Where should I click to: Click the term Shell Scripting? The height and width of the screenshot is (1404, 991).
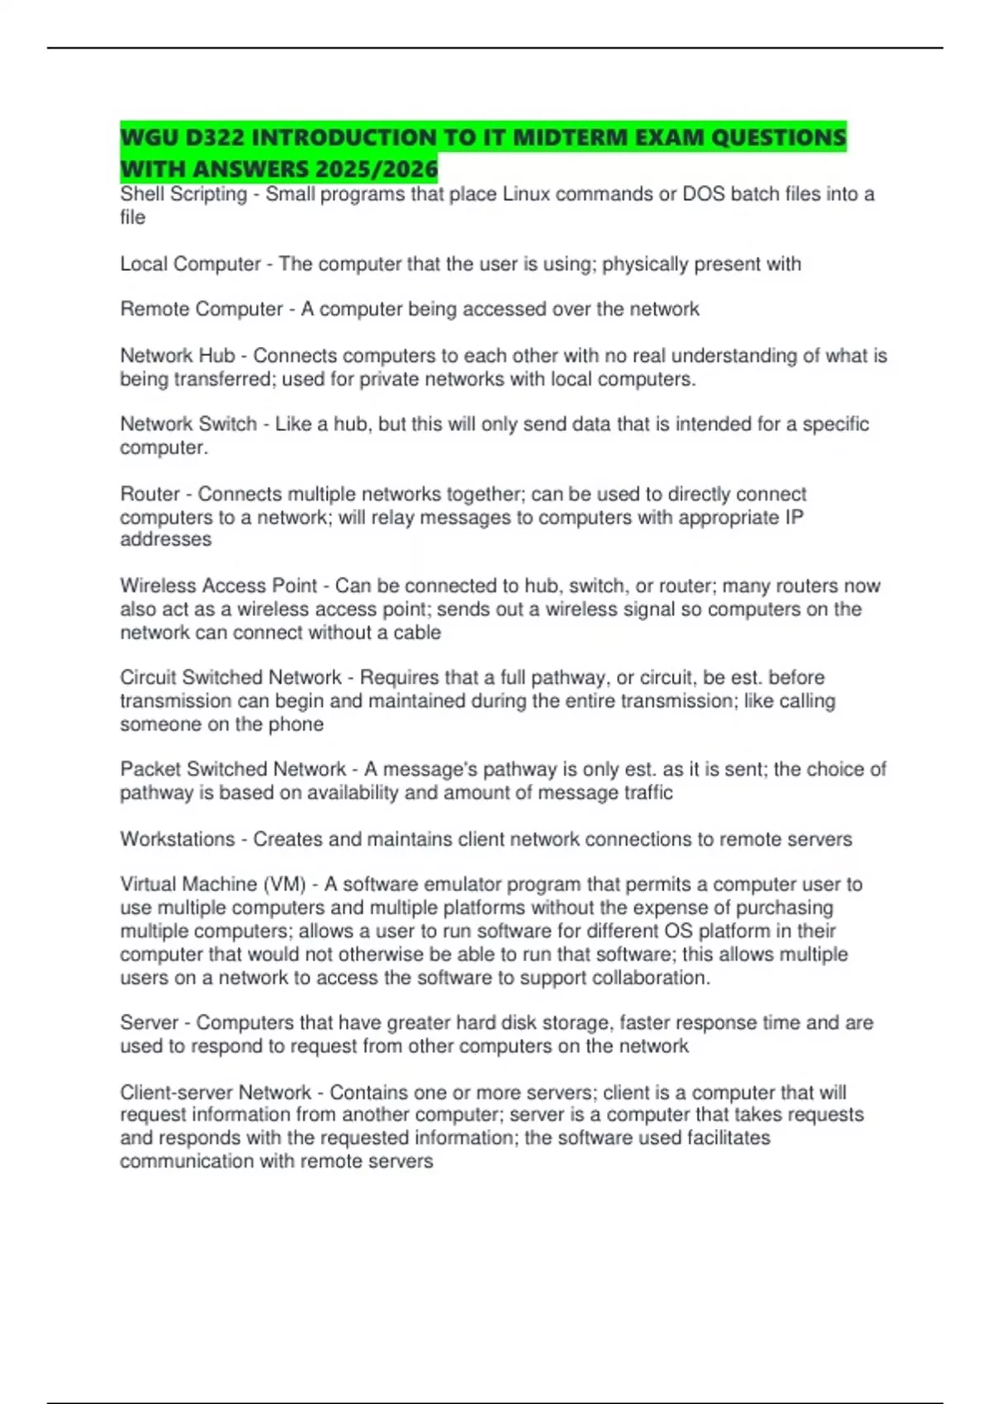(x=183, y=194)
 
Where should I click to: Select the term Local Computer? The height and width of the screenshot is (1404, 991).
(x=190, y=264)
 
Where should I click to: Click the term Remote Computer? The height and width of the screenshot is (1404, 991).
(x=202, y=309)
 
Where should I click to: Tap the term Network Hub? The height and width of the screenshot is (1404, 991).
(x=178, y=356)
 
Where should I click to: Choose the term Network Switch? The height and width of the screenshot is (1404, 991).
(x=188, y=425)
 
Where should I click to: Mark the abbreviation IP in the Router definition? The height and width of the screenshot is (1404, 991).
(x=793, y=518)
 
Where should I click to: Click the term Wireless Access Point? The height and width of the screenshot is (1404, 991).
(x=218, y=586)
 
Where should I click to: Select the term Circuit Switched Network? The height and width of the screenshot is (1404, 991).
(x=230, y=677)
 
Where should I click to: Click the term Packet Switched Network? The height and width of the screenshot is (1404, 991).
(x=233, y=769)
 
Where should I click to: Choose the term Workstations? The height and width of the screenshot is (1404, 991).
(x=178, y=839)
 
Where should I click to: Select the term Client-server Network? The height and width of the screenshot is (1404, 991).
(x=216, y=1093)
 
